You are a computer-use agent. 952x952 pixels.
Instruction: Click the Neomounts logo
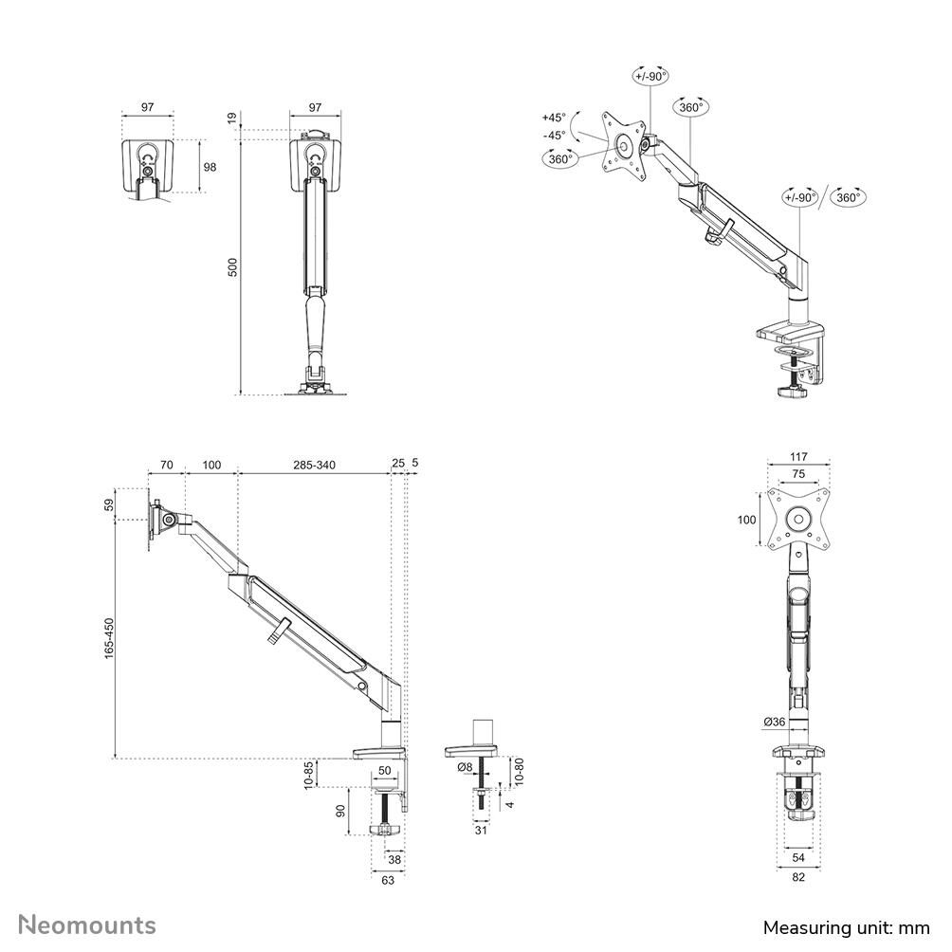87,925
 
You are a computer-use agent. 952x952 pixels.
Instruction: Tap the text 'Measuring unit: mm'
847,927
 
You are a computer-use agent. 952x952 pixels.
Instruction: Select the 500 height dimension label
232,267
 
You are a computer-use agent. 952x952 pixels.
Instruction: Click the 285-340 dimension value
315,465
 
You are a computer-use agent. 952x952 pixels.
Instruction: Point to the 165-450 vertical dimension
109,638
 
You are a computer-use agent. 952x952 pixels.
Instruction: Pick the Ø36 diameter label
775,722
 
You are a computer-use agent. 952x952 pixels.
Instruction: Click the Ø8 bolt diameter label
465,767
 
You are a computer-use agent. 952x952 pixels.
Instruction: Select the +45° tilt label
554,118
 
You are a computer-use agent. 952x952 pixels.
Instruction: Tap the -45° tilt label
554,135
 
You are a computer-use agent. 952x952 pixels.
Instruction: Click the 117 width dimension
798,457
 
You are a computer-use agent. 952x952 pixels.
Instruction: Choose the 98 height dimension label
211,166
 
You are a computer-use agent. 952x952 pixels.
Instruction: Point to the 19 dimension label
232,119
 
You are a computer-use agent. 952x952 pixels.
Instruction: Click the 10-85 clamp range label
308,775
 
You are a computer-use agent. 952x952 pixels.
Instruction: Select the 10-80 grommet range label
519,771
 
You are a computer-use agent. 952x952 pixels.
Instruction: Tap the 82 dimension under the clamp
798,877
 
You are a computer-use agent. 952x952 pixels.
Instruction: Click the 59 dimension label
109,504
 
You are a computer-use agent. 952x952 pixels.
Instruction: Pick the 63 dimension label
388,880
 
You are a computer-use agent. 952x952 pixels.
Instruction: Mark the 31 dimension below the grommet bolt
481,830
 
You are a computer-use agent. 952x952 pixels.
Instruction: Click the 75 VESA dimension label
798,473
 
